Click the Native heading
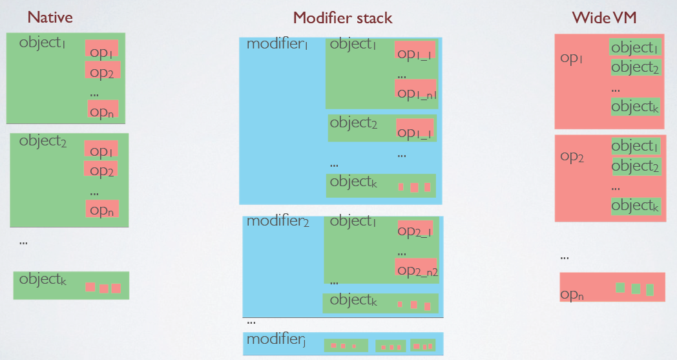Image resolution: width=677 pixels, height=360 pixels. point(50,17)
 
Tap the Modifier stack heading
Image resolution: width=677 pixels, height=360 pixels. point(343,17)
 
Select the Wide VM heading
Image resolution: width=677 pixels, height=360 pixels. point(604,17)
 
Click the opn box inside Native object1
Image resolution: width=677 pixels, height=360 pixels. point(103,109)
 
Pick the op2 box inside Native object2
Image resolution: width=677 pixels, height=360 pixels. point(101,169)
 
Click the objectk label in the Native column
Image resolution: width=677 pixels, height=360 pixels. point(43,279)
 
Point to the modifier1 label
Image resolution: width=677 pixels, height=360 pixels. point(277,44)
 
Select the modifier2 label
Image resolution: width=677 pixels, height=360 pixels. point(278,221)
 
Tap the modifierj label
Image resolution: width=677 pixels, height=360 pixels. point(276,339)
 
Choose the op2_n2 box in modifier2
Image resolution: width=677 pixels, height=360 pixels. point(416,267)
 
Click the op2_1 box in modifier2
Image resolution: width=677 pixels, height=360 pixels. point(415,228)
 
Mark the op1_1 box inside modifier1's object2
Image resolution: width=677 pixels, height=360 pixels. point(415,129)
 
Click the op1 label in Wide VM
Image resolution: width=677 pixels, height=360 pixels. point(571,58)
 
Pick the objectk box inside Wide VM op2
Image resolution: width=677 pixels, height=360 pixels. point(635,206)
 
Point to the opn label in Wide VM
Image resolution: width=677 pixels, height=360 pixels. point(572,295)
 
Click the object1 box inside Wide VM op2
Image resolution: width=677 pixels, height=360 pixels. point(634,146)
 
